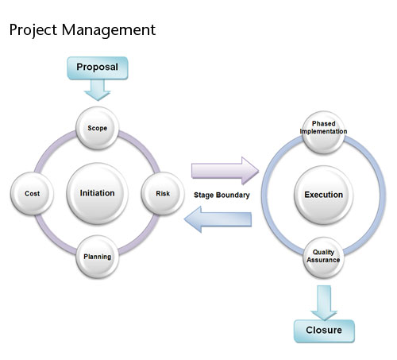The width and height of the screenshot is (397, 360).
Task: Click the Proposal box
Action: (x=97, y=68)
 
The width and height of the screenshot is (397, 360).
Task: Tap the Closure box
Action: (x=323, y=330)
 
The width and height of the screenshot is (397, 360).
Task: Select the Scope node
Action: (x=98, y=126)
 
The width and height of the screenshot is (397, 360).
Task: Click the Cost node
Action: (x=33, y=193)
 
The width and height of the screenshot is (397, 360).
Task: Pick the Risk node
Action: (x=163, y=193)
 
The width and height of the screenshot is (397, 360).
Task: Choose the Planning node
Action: (x=98, y=257)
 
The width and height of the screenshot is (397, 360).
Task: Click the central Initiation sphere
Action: (x=98, y=193)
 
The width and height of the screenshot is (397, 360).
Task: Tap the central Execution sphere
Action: (x=323, y=194)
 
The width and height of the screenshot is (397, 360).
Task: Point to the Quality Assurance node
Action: (x=323, y=257)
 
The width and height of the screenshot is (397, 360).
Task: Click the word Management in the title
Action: (x=108, y=30)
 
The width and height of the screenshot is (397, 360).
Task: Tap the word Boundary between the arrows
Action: (x=236, y=194)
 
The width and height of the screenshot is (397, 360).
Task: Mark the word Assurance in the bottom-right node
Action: (x=323, y=261)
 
